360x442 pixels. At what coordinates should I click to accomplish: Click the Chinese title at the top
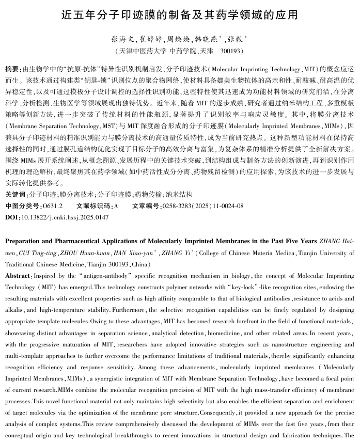(x=180, y=14)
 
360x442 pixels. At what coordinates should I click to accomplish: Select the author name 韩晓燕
(x=205, y=39)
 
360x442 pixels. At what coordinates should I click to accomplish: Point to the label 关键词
(x=15, y=195)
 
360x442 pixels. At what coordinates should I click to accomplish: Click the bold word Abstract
(x=18, y=276)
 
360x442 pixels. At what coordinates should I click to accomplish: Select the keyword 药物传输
(x=148, y=195)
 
